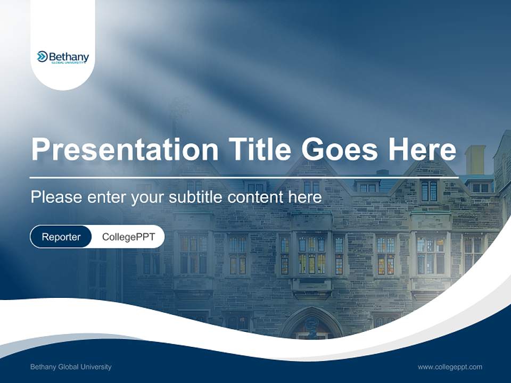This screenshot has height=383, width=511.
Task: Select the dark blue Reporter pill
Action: tap(61, 237)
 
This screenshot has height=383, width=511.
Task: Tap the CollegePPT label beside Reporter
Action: tap(128, 237)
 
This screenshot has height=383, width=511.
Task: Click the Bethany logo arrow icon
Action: tap(42, 56)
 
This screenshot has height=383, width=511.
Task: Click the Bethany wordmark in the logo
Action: tap(69, 56)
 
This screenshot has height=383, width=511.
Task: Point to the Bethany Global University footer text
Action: tap(71, 367)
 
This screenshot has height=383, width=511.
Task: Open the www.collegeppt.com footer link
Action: tap(450, 367)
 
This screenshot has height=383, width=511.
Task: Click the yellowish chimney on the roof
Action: tap(475, 160)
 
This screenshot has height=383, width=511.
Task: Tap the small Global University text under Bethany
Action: tap(69, 63)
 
